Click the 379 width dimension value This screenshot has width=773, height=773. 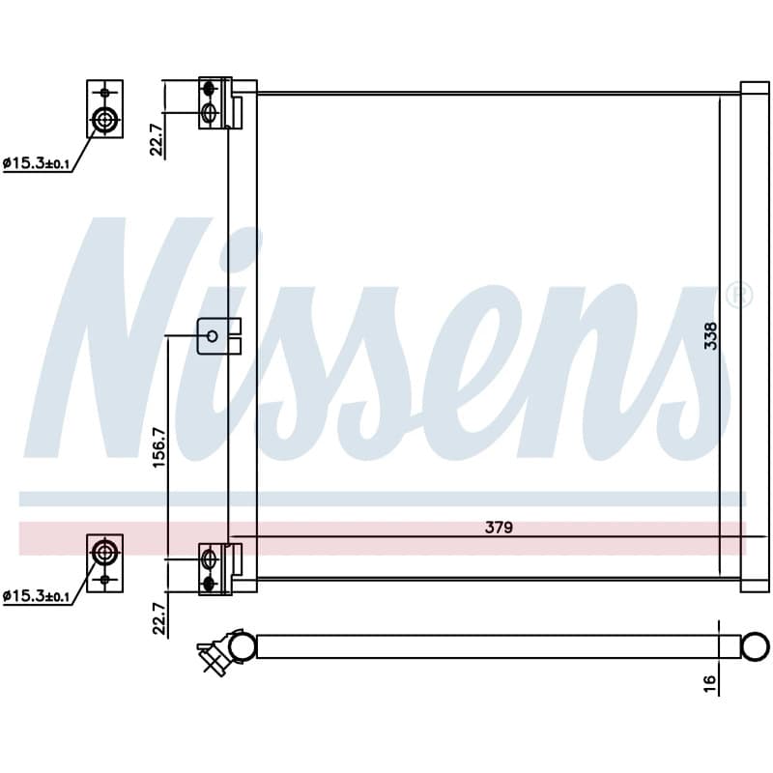pyautogui.click(x=499, y=527)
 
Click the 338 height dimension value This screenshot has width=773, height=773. pyautogui.click(x=710, y=335)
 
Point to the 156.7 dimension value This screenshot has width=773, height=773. pyautogui.click(x=159, y=447)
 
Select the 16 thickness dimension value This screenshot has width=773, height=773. pyautogui.click(x=710, y=683)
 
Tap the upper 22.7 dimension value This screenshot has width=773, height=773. pyautogui.click(x=157, y=139)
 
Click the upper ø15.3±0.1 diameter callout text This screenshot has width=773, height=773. pyautogui.click(x=36, y=163)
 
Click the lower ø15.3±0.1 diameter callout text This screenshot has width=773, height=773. pyautogui.click(x=36, y=596)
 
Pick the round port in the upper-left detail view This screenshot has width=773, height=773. pyautogui.click(x=104, y=119)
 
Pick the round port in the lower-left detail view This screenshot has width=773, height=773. pyautogui.click(x=104, y=552)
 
